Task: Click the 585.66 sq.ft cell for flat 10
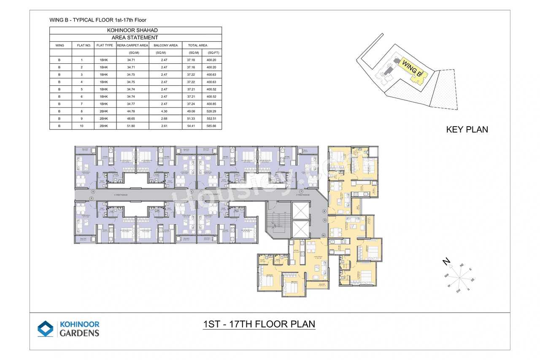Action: click(x=212, y=126)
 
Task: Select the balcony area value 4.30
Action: click(x=164, y=111)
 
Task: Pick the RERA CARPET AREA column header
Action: click(x=132, y=45)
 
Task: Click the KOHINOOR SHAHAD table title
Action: click(x=135, y=30)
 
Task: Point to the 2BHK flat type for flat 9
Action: click(x=104, y=119)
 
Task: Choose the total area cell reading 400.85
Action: click(x=212, y=104)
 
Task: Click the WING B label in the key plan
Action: click(x=412, y=68)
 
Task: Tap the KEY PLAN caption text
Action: click(x=467, y=130)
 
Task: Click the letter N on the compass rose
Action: click(x=445, y=262)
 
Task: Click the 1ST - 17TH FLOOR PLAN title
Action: click(x=259, y=324)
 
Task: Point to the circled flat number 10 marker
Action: click(x=324, y=235)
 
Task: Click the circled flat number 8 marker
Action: click(x=324, y=211)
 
